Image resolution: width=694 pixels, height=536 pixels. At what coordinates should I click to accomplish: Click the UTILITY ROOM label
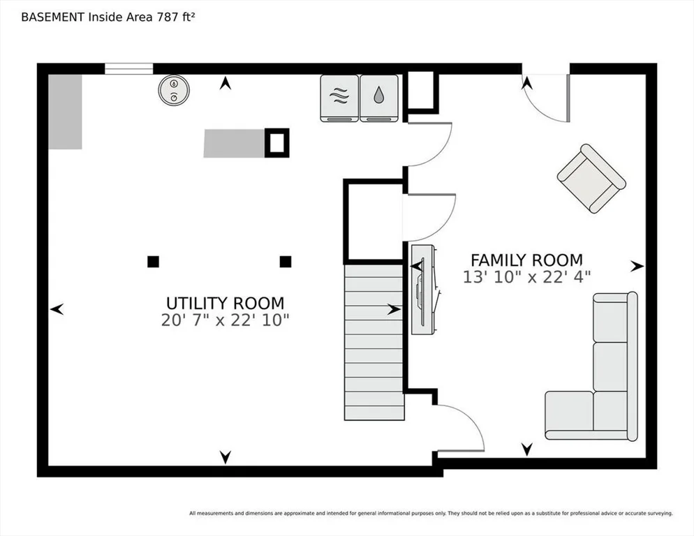click(225, 303)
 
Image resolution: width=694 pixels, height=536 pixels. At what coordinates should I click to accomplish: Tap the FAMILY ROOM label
click(526, 260)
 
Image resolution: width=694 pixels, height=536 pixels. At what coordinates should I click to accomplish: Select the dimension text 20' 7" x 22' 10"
click(225, 320)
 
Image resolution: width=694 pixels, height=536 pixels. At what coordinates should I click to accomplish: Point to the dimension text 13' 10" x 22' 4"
click(526, 277)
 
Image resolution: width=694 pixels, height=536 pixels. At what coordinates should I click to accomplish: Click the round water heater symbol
click(174, 90)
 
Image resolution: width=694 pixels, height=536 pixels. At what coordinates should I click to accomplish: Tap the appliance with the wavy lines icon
click(339, 98)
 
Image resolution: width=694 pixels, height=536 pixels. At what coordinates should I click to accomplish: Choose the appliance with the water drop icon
click(379, 98)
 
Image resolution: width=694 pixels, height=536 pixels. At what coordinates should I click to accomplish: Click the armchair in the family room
click(591, 179)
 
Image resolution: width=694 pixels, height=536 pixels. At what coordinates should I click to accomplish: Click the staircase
click(374, 342)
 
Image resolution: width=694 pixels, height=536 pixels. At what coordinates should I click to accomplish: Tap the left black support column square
click(153, 262)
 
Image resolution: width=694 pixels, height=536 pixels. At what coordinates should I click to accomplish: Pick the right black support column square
click(286, 262)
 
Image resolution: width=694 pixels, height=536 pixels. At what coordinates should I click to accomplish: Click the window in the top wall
click(128, 68)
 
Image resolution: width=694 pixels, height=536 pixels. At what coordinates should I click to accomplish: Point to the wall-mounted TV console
click(422, 290)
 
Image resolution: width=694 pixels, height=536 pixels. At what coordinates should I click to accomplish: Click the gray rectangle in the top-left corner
click(65, 112)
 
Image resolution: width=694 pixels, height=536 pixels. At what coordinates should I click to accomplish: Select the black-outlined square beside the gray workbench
click(277, 143)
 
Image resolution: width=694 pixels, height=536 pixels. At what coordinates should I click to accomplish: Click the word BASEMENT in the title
click(52, 17)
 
